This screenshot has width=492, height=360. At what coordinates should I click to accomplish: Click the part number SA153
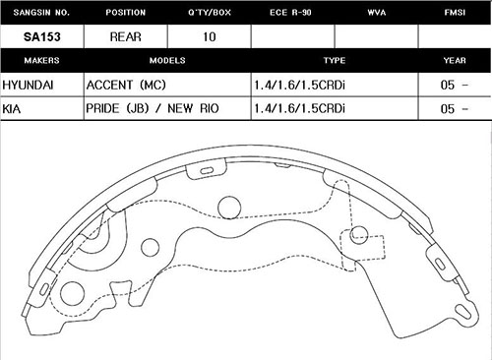coord(42,36)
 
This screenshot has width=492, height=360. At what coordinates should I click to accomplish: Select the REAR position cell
coord(126,36)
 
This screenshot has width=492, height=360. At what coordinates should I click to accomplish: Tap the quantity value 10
coord(210,36)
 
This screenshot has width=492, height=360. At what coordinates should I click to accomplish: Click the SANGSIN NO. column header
coord(41,13)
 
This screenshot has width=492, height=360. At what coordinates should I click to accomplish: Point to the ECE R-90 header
coord(290,13)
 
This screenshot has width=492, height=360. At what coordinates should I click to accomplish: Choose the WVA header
coord(377,13)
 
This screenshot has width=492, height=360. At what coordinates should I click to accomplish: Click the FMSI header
coord(455,13)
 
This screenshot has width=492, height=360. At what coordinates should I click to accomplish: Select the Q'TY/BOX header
coord(210,13)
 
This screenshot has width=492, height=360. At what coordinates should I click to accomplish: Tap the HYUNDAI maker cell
coord(28,86)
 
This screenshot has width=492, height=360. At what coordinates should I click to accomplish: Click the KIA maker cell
coord(12,108)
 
